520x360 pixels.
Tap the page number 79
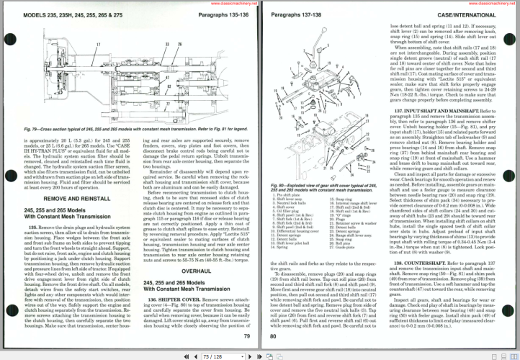tap(247, 336)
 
